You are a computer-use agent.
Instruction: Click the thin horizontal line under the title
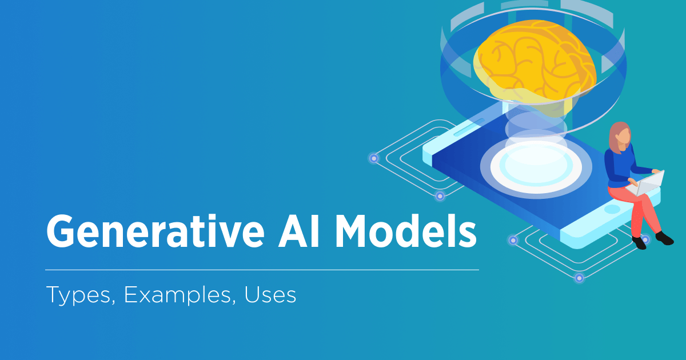(262, 269)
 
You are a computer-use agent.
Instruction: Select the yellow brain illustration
(535, 63)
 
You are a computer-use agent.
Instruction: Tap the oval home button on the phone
(612, 209)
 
